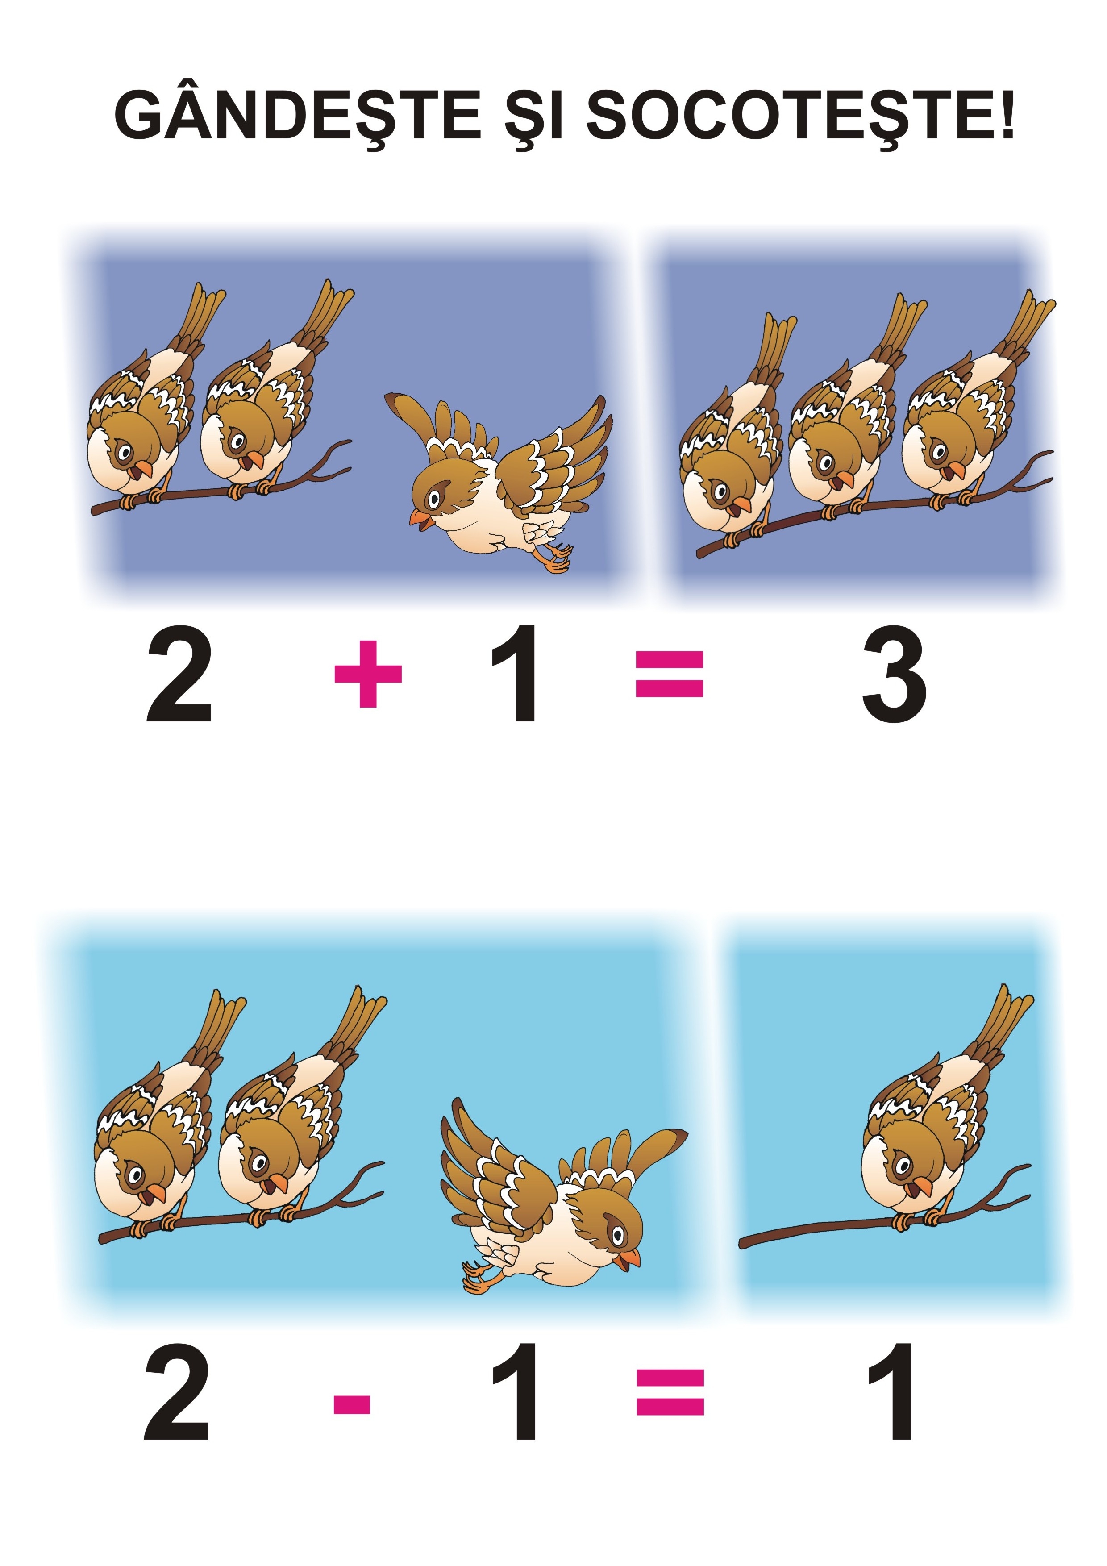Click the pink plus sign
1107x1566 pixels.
coord(368,673)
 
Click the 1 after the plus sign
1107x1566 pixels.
coord(516,674)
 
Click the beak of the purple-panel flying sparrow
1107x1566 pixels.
coord(419,519)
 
